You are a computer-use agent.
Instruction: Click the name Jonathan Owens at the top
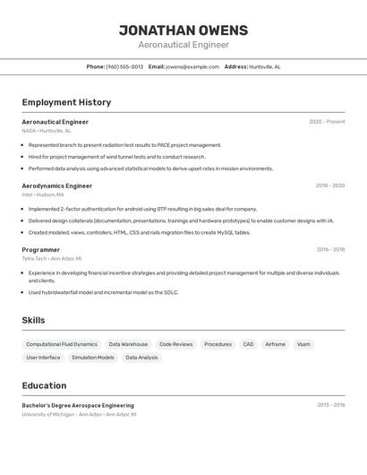coord(183,30)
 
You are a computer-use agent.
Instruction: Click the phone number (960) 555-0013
coord(124,66)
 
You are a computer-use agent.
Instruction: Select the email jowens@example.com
coord(192,66)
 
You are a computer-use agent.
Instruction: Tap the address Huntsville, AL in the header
coord(264,66)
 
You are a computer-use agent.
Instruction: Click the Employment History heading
coord(66,102)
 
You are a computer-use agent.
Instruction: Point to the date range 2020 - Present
coord(327,122)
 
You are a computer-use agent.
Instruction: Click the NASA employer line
coord(47,131)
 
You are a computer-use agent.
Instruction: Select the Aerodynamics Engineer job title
coord(56,186)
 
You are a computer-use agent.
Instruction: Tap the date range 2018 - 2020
coord(329,186)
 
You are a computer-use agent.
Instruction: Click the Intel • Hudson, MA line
coord(43,194)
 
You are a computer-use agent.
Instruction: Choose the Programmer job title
coord(41,250)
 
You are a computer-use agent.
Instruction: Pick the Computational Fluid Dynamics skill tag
coord(62,344)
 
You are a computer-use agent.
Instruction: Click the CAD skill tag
coord(248,344)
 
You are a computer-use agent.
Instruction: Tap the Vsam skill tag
coord(303,344)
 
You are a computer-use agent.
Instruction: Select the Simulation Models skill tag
coord(93,358)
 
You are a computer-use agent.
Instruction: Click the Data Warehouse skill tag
coord(128,344)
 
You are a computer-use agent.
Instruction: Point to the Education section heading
coord(44,385)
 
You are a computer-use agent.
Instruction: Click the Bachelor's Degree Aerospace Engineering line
coord(78,405)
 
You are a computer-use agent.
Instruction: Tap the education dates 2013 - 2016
coord(330,405)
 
